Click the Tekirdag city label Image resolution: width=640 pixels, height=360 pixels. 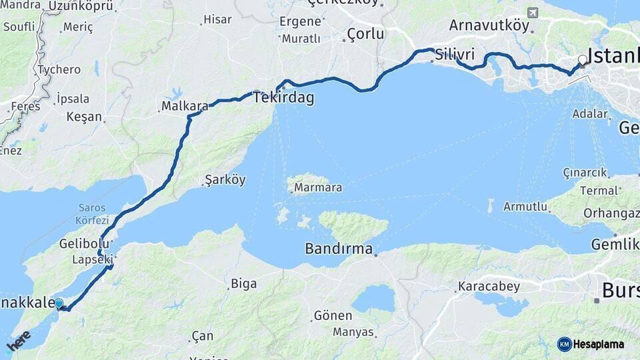tap(283, 97)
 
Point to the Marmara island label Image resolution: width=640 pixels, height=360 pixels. tap(318, 187)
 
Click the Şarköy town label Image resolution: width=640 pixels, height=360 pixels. tap(225, 180)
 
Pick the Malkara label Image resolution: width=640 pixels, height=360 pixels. tap(185, 106)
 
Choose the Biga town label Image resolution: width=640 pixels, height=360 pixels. tap(243, 284)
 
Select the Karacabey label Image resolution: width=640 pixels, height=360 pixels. tap(489, 287)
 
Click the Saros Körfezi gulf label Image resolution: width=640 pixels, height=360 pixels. tap(92, 213)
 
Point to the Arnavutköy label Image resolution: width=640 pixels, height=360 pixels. tap(489, 25)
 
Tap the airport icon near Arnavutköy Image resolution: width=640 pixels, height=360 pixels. tap(532, 13)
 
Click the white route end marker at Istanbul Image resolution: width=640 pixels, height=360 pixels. tap(583, 60)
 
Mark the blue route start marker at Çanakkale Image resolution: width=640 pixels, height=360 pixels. tap(59, 304)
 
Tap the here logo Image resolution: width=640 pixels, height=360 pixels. tap(19, 341)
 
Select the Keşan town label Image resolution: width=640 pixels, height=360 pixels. tap(84, 117)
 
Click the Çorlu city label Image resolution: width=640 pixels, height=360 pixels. tap(365, 34)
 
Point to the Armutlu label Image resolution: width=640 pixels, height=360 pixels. tap(525, 206)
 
